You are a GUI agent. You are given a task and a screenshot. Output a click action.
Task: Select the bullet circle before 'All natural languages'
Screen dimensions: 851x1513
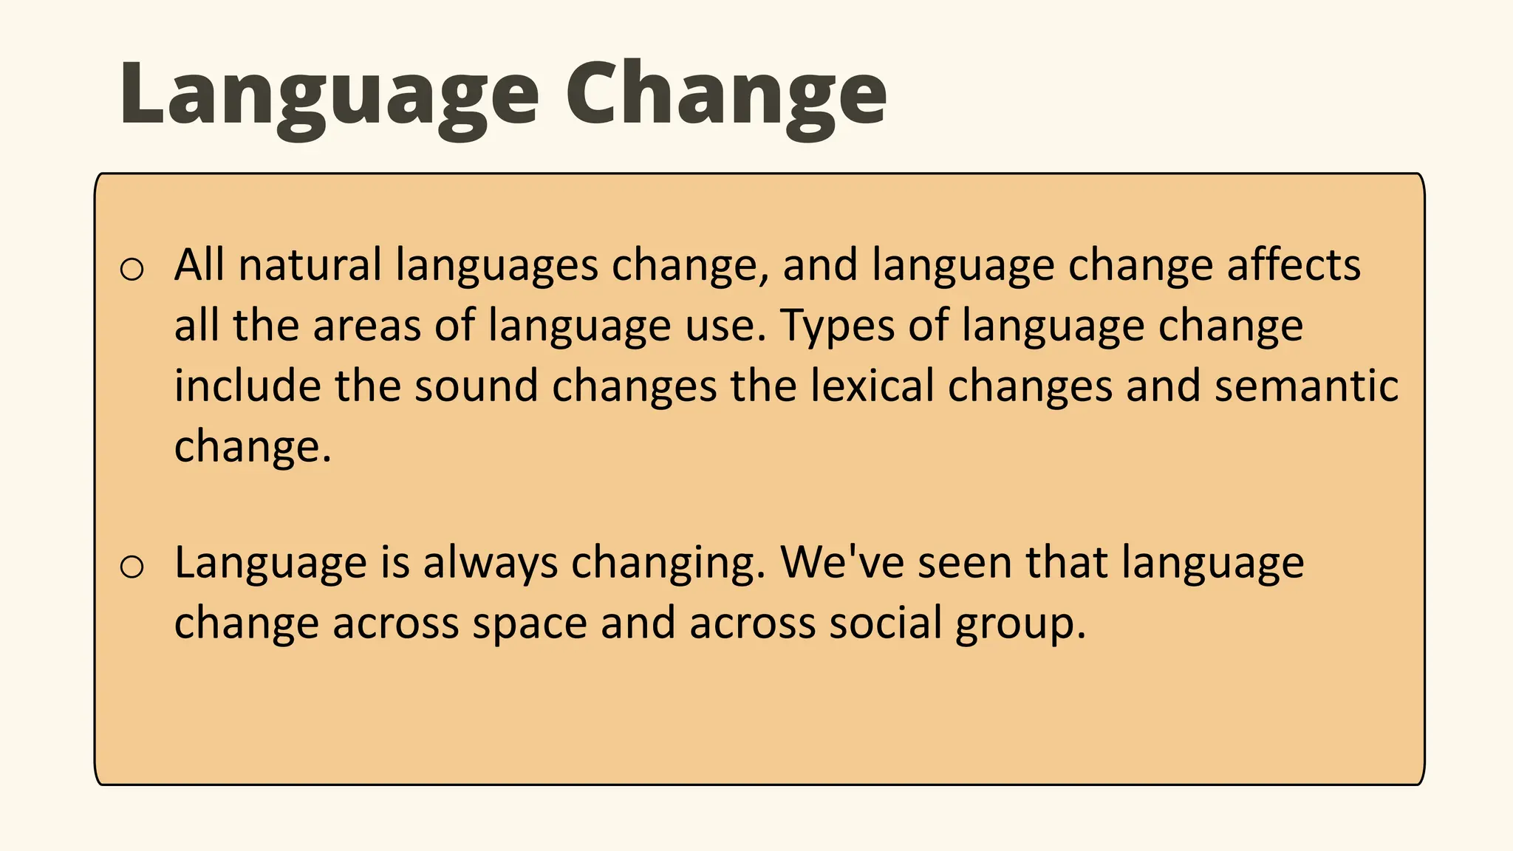[x=132, y=270]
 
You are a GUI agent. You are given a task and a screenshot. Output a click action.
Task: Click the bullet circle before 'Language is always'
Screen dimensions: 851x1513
[x=132, y=567]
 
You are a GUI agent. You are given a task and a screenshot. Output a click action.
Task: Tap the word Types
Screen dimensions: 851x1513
[x=837, y=327]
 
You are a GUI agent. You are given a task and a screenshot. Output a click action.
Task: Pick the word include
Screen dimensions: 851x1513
[x=247, y=386]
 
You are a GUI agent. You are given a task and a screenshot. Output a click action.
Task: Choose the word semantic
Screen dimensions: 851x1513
[x=1306, y=386]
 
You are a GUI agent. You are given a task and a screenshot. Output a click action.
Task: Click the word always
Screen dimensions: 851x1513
[x=490, y=564]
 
